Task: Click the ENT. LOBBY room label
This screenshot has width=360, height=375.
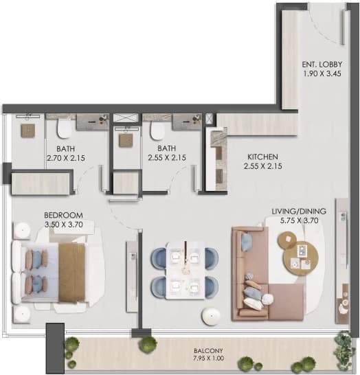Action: click(x=322, y=64)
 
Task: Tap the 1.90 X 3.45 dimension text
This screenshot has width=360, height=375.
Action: click(x=322, y=73)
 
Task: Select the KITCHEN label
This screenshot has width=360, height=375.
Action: click(x=262, y=157)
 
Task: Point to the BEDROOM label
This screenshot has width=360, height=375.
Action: click(x=63, y=215)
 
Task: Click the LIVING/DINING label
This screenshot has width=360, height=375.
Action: click(x=299, y=211)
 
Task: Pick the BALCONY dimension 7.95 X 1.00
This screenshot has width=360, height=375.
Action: click(x=208, y=359)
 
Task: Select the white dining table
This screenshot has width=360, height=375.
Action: click(x=185, y=270)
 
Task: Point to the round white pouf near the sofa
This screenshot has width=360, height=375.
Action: click(x=211, y=316)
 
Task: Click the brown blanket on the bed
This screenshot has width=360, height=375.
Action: click(x=71, y=272)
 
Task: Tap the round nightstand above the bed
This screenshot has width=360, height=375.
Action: click(x=23, y=230)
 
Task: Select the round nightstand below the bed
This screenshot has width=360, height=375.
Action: click(x=22, y=314)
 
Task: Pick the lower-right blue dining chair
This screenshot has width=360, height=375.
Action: click(x=211, y=287)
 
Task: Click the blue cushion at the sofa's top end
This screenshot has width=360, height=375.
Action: click(x=246, y=242)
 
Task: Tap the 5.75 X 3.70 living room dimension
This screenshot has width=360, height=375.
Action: click(x=299, y=220)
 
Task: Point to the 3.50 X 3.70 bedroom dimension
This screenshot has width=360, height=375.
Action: click(x=64, y=225)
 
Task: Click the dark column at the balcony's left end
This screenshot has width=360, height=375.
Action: click(x=55, y=348)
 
